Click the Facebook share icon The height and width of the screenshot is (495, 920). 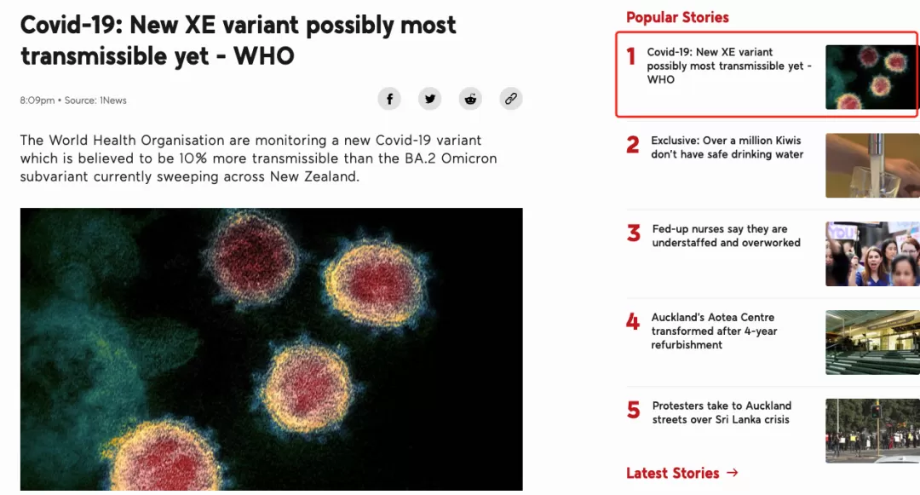coord(389,99)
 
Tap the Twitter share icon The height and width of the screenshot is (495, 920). coord(430,99)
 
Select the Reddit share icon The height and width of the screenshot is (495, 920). coord(470,99)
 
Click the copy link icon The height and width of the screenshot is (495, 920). coord(511,99)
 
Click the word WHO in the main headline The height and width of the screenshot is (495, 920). coord(264,56)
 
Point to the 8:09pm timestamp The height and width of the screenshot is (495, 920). coord(37,101)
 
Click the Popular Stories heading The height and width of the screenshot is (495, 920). coord(677,18)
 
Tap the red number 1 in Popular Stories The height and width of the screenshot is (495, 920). coord(631,56)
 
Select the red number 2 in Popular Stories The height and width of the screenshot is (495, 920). coord(632,144)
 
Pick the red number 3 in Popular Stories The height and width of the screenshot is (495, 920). coord(633,233)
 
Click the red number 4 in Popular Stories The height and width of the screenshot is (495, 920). coord(632,321)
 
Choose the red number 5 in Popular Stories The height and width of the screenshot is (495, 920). coord(633,410)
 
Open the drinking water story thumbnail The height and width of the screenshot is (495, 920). coord(872,165)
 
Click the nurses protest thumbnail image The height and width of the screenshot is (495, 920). coord(872,254)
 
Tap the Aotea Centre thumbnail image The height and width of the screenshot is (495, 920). coord(872,342)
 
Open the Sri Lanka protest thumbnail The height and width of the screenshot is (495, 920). coord(872,431)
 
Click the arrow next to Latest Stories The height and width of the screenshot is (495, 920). coord(733,472)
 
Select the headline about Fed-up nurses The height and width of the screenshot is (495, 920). coord(727,236)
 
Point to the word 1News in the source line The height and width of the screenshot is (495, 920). coord(113,101)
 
